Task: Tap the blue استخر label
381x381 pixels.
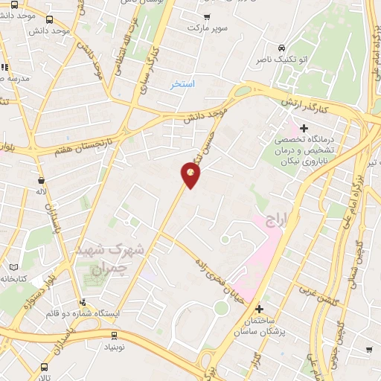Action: coord(182,84)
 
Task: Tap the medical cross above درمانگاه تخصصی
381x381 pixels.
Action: coord(304,128)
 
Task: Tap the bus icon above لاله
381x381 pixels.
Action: coord(40,180)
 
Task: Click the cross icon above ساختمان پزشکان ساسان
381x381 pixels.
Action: coord(259,309)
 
